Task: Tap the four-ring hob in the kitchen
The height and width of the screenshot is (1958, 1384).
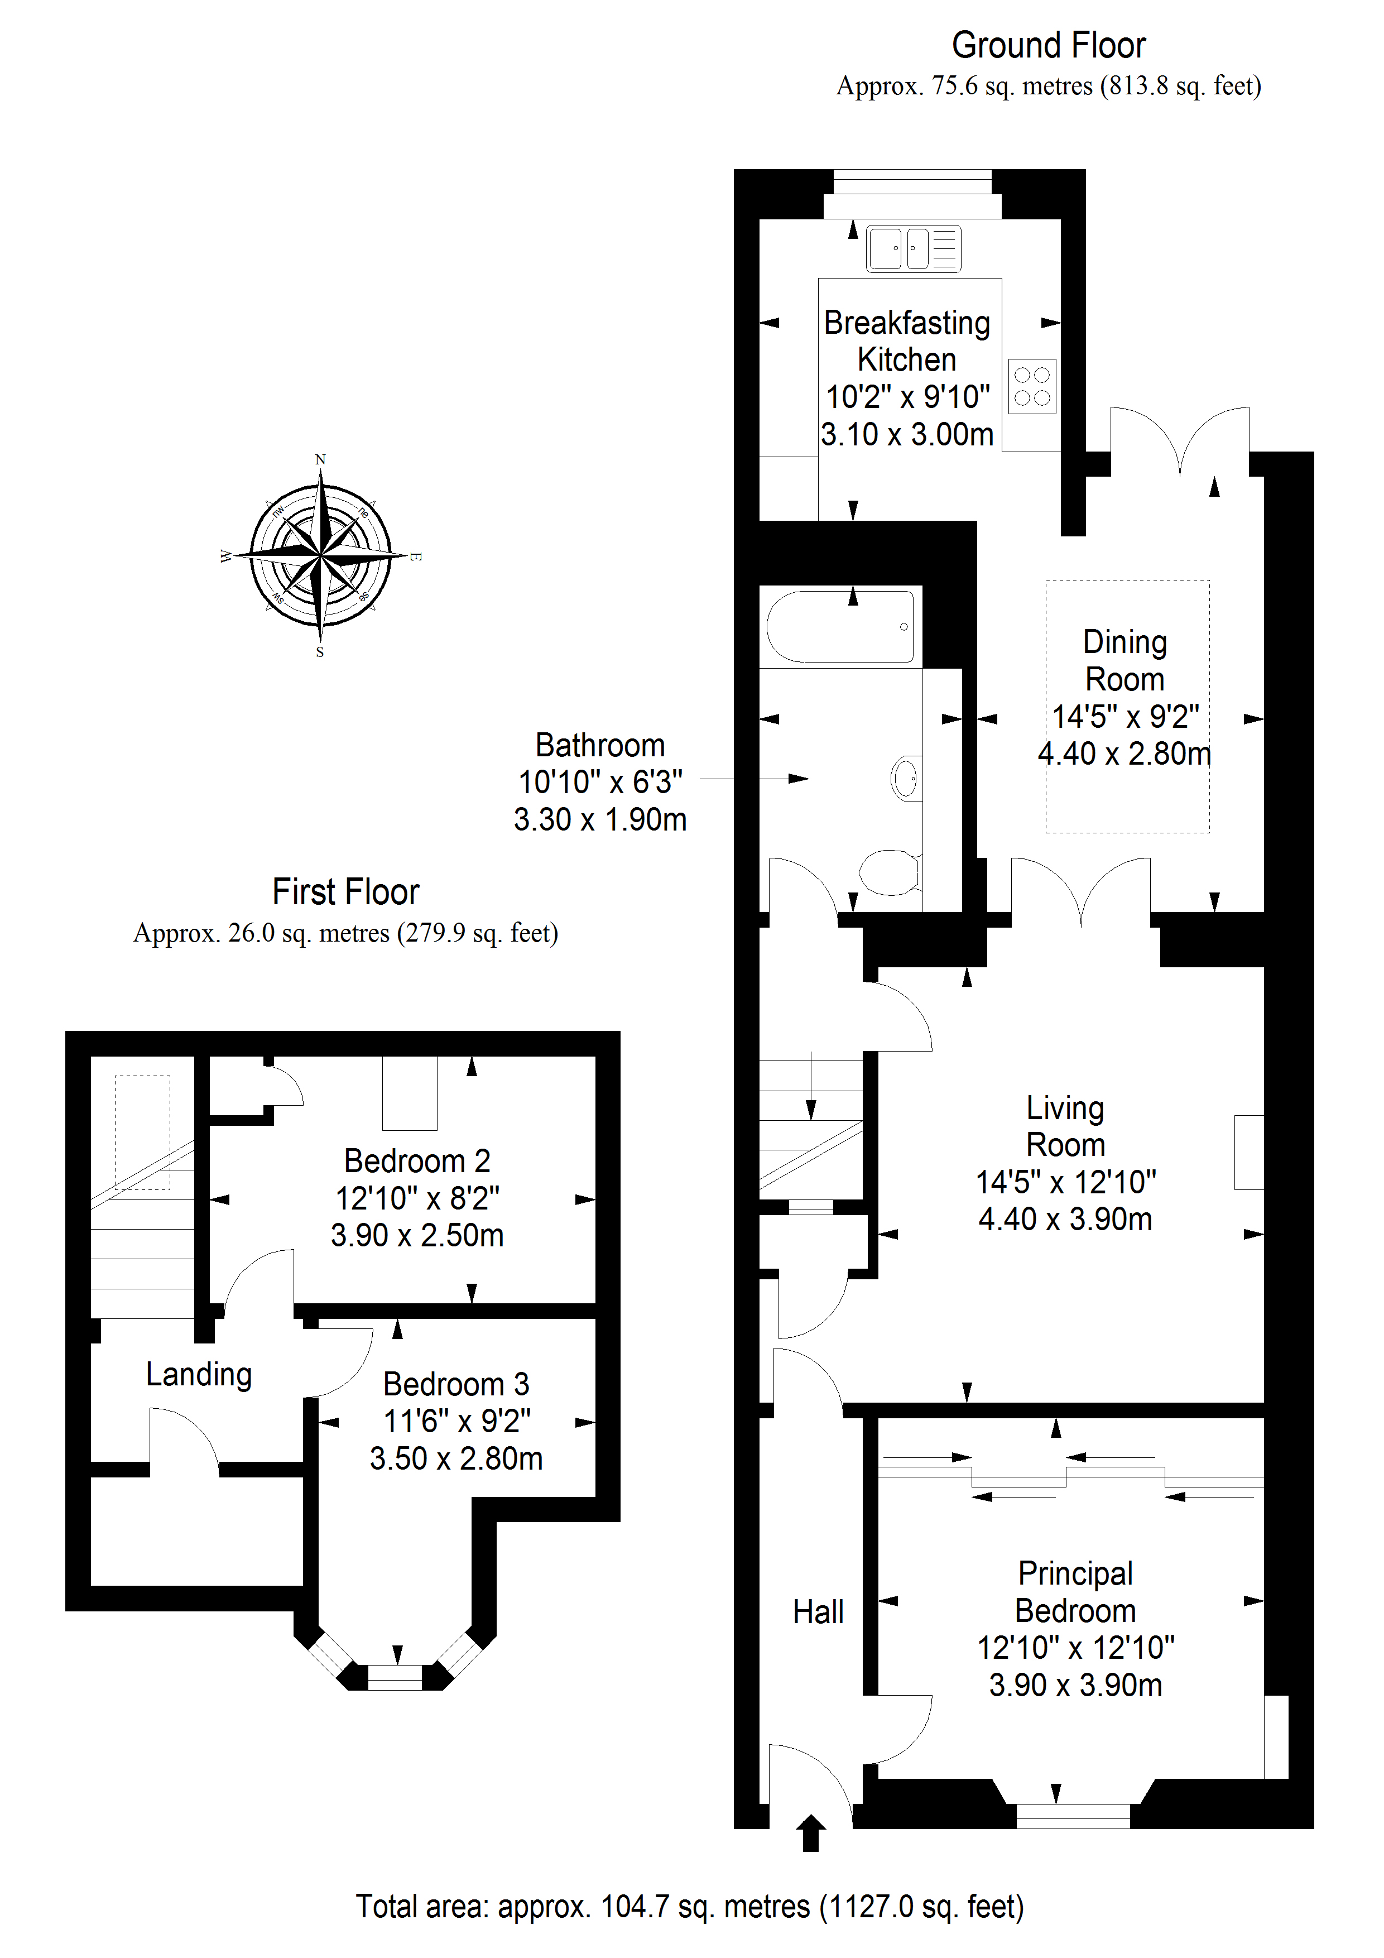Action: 1032,386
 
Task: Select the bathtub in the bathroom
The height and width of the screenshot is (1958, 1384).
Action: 840,627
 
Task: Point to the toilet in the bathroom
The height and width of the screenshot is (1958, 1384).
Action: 890,871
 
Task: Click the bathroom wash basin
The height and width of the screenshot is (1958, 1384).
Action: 906,778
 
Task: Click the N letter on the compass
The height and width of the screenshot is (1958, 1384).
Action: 321,460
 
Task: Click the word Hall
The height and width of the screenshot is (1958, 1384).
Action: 818,1613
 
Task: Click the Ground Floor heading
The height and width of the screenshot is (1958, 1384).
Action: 1048,45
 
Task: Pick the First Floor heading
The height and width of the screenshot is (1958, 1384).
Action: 345,892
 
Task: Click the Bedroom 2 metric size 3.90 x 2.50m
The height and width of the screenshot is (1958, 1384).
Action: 417,1235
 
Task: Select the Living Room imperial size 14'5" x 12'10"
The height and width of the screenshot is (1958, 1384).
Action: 1065,1182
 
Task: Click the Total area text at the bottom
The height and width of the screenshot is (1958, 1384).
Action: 689,1907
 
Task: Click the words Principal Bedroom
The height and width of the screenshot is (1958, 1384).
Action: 1075,1592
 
